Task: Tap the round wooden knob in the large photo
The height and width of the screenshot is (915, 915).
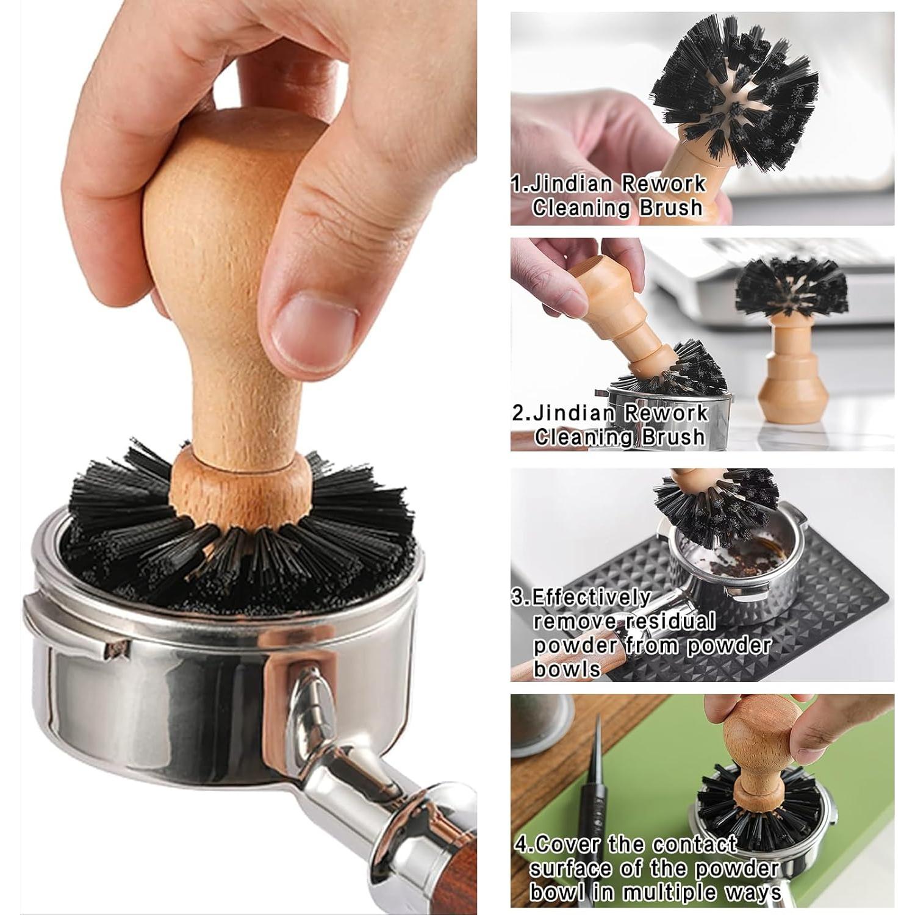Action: click(x=229, y=201)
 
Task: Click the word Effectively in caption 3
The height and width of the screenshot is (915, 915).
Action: click(x=590, y=597)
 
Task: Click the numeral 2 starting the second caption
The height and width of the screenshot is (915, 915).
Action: click(x=518, y=413)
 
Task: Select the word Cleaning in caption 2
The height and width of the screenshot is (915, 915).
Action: click(x=573, y=437)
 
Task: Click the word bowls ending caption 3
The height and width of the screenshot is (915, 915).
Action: click(x=567, y=670)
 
